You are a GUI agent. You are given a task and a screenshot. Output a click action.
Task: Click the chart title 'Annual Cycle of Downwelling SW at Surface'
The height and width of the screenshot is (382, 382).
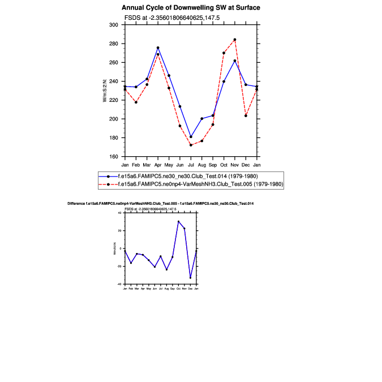(191, 8)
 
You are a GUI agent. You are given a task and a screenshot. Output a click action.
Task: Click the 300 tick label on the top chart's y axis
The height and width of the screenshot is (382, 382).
(113, 25)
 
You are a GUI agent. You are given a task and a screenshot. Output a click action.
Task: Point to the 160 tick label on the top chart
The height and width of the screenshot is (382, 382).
(113, 156)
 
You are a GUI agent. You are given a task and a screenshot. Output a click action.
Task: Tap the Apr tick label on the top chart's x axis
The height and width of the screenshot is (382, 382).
(158, 165)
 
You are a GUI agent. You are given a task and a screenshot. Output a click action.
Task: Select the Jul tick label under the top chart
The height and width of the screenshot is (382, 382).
(191, 165)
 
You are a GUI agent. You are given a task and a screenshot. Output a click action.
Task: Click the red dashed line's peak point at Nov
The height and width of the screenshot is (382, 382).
(235, 40)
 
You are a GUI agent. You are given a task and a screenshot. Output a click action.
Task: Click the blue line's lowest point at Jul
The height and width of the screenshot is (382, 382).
(191, 137)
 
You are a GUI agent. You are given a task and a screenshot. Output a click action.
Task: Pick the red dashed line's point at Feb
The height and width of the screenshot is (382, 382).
(136, 102)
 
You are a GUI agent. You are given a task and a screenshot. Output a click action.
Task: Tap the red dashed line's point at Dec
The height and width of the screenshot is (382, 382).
(246, 115)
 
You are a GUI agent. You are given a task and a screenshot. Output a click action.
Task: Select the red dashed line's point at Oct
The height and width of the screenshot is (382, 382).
(224, 53)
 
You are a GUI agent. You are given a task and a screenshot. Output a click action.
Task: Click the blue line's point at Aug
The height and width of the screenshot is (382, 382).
(202, 118)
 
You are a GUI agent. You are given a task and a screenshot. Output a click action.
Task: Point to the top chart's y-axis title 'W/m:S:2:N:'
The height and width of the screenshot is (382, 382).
(105, 91)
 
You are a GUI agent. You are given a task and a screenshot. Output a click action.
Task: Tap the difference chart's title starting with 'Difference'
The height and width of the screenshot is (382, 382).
(160, 203)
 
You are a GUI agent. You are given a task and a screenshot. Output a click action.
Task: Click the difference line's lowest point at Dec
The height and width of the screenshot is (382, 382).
(190, 278)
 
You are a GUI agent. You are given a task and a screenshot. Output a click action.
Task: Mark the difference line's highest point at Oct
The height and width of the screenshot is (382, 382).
(178, 221)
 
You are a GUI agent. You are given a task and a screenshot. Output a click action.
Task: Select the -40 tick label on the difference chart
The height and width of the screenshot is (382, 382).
(120, 284)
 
